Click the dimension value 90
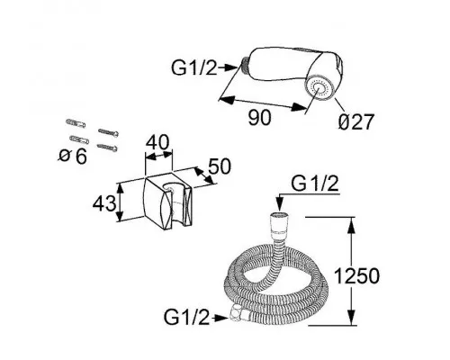259,117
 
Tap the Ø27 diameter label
356,121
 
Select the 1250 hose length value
356,275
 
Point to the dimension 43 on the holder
104,203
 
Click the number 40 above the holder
157,142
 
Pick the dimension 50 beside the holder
220,166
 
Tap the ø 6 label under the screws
73,157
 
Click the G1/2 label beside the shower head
193,67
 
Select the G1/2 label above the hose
315,184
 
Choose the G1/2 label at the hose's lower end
186,317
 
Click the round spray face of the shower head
320,89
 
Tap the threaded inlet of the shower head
246,66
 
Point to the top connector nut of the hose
279,223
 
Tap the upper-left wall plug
76,123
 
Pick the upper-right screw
108,132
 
